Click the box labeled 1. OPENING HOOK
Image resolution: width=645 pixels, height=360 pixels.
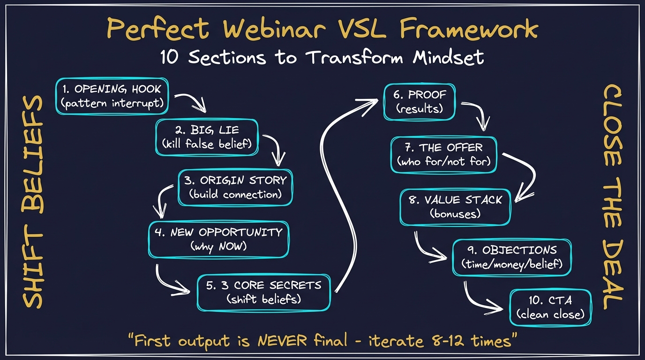[112, 96]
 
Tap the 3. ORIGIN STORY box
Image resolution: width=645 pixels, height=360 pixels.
[235, 187]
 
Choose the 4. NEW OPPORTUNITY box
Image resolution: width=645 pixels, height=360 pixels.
[218, 240]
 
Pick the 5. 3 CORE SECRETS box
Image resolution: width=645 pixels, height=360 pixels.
[263, 292]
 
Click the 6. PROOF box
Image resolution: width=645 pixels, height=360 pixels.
[420, 102]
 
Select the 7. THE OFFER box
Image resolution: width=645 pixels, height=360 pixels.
[443, 155]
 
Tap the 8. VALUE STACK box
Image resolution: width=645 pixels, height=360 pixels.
[455, 207]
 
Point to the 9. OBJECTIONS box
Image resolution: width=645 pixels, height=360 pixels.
[512, 257]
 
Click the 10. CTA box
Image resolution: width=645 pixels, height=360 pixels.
[550, 307]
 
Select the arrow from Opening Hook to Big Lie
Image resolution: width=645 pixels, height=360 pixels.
[190, 101]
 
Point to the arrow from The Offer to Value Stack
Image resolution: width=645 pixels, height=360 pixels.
[527, 173]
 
